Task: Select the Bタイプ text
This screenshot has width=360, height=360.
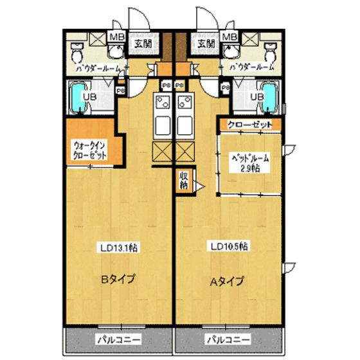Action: pyautogui.click(x=116, y=280)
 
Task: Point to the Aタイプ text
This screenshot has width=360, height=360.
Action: pyautogui.click(x=228, y=280)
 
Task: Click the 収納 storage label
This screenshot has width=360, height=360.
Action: pyautogui.click(x=184, y=181)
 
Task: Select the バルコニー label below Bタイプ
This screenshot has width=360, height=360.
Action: pyautogui.click(x=118, y=339)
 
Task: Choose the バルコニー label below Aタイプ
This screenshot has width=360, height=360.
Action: pyautogui.click(x=228, y=339)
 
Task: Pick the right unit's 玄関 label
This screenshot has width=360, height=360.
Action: pyautogui.click(x=206, y=44)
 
